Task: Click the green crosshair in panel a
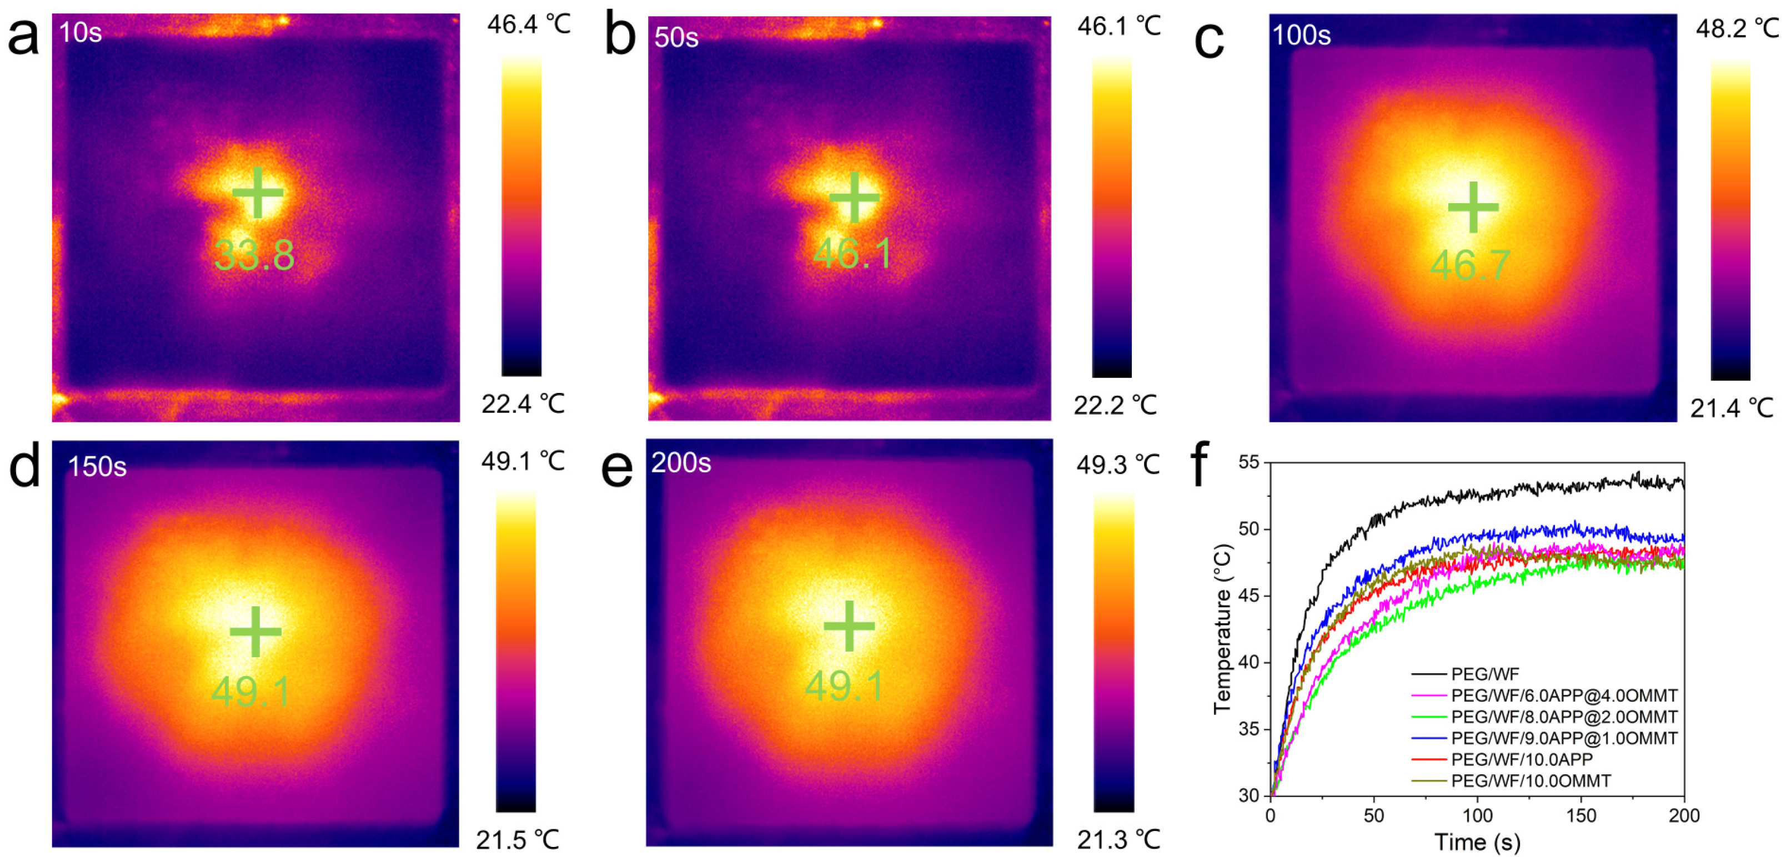pyautogui.click(x=257, y=192)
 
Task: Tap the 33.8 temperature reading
pyautogui.click(x=254, y=255)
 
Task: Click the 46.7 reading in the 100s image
pyautogui.click(x=1470, y=265)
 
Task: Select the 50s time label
pyautogui.click(x=676, y=37)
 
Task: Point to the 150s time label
pyautogui.click(x=97, y=467)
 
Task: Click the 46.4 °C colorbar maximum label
pyautogui.click(x=528, y=25)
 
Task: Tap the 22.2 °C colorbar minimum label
pyautogui.click(x=1116, y=405)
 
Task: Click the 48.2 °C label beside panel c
pyautogui.click(x=1737, y=29)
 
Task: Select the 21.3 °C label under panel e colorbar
pyautogui.click(x=1117, y=840)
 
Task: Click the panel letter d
pyautogui.click(x=24, y=466)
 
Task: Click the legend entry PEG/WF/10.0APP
pyautogui.click(x=1522, y=759)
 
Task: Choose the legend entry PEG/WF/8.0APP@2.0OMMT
pyautogui.click(x=1564, y=717)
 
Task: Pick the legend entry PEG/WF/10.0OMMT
pyautogui.click(x=1531, y=781)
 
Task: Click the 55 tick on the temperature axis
pyautogui.click(x=1248, y=463)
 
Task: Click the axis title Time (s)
pyautogui.click(x=1477, y=843)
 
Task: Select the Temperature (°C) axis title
pyautogui.click(x=1223, y=629)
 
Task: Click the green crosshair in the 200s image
pyautogui.click(x=849, y=626)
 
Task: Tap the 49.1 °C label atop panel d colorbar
pyautogui.click(x=523, y=461)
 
